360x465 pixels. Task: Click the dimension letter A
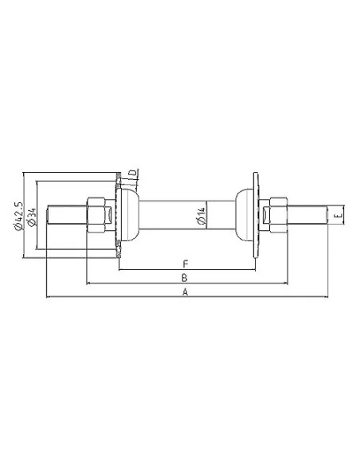click(x=185, y=293)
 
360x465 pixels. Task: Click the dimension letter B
click(x=184, y=278)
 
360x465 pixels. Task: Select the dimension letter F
click(x=184, y=264)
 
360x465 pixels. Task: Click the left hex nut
click(x=96, y=215)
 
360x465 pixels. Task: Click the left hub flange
click(x=119, y=215)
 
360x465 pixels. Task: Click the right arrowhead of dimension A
click(x=326, y=299)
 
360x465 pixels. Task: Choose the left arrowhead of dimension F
click(x=120, y=269)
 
